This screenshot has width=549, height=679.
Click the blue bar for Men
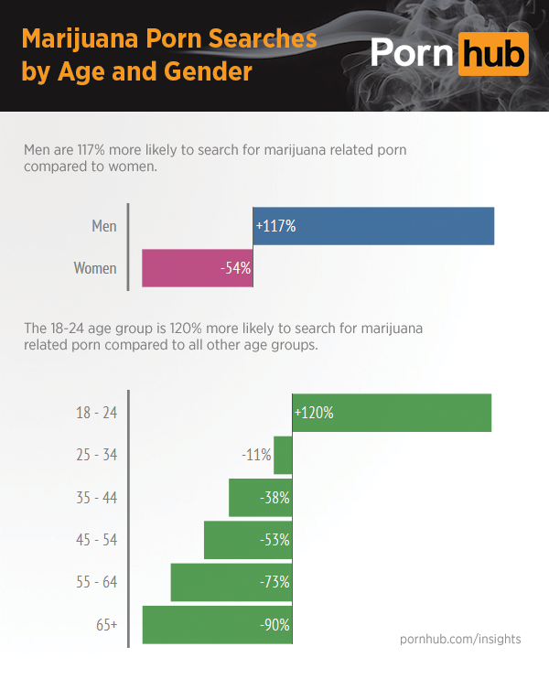click(373, 226)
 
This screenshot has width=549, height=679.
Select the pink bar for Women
click(198, 268)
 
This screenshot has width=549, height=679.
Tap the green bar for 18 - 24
click(392, 413)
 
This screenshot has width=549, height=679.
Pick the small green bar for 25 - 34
click(283, 455)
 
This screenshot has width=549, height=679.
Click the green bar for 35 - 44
click(260, 498)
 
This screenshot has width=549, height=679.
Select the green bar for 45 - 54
click(248, 540)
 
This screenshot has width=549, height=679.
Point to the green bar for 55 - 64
click(231, 582)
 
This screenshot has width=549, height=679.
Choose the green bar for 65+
click(217, 624)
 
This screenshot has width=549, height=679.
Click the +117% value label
click(275, 226)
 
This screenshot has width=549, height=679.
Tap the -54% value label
click(234, 268)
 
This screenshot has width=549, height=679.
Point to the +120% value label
click(314, 413)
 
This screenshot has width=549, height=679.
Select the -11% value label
click(256, 455)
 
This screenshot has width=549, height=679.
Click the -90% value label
click(274, 625)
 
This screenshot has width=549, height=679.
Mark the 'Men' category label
click(104, 226)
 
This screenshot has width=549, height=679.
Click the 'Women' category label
click(95, 268)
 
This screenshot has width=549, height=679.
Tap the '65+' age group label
click(105, 625)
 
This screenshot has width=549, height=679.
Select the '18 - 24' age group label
click(96, 413)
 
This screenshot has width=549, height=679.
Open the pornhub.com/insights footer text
click(460, 639)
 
